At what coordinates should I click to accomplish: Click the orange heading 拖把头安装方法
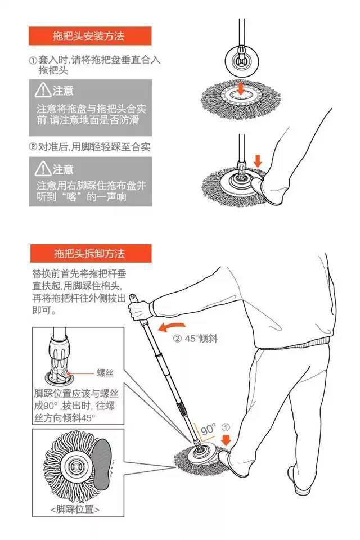(x=88, y=36)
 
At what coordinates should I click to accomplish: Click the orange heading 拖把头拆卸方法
(x=89, y=254)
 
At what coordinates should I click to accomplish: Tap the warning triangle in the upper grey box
(x=43, y=90)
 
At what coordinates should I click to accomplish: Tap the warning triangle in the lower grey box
(x=43, y=168)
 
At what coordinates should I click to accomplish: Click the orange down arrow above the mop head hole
(x=241, y=88)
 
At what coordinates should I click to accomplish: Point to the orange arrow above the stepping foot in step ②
(x=258, y=160)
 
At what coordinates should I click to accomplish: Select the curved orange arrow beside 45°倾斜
(x=172, y=326)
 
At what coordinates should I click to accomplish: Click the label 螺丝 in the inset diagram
(x=105, y=372)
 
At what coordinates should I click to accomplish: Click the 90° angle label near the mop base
(x=208, y=429)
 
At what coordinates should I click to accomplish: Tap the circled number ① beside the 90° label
(x=224, y=427)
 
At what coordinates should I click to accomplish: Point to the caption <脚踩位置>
(x=75, y=509)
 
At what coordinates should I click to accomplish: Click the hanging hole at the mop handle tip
(x=132, y=297)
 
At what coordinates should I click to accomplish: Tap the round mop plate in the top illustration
(x=242, y=61)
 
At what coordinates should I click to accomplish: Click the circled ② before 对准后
(x=33, y=147)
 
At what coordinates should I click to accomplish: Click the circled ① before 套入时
(x=33, y=60)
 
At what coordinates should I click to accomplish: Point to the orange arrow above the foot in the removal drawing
(x=226, y=440)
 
